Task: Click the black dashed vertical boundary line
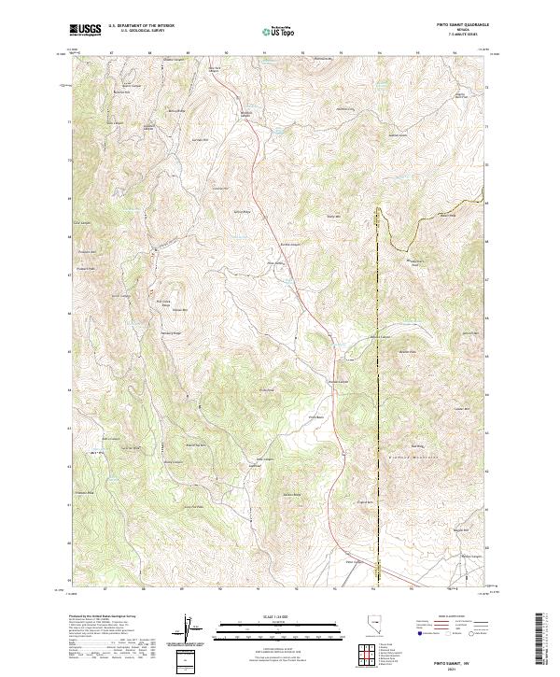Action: tap(379, 374)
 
